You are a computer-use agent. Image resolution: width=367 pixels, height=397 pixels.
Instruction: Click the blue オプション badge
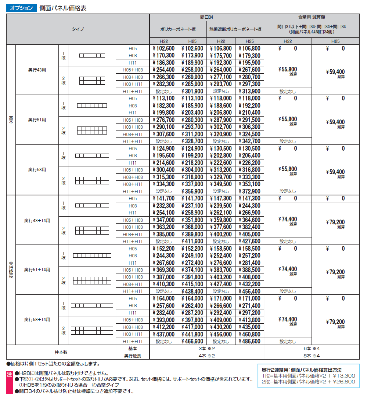coord(21,8)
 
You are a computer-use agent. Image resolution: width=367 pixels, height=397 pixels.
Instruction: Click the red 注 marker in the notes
coord(10,374)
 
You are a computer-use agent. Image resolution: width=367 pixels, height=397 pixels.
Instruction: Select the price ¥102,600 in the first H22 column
coord(164,48)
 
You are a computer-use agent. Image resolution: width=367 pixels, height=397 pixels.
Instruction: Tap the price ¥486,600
coord(249,341)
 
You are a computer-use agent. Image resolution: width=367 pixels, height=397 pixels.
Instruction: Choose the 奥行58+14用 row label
coord(37,320)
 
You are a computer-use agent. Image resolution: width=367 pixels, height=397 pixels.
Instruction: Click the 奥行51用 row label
coord(37,120)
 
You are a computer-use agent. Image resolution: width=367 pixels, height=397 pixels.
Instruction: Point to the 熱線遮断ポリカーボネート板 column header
coord(235,29)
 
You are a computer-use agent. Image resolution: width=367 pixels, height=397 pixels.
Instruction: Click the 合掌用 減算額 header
coord(312,17)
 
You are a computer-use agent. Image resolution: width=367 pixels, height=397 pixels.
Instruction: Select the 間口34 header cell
coord(206,17)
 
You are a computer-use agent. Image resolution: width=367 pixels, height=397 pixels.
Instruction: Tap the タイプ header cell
coord(78,29)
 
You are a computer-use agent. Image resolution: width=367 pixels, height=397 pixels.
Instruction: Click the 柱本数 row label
coord(61,352)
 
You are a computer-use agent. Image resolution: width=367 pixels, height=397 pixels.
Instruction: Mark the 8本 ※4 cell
coord(312,356)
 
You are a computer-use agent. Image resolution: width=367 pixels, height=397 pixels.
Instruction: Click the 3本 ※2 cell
coord(206,348)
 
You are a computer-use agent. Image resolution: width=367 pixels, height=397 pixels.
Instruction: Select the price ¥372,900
coord(249,191)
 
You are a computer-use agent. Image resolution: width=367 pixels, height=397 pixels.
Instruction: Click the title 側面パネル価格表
coord(63,8)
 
